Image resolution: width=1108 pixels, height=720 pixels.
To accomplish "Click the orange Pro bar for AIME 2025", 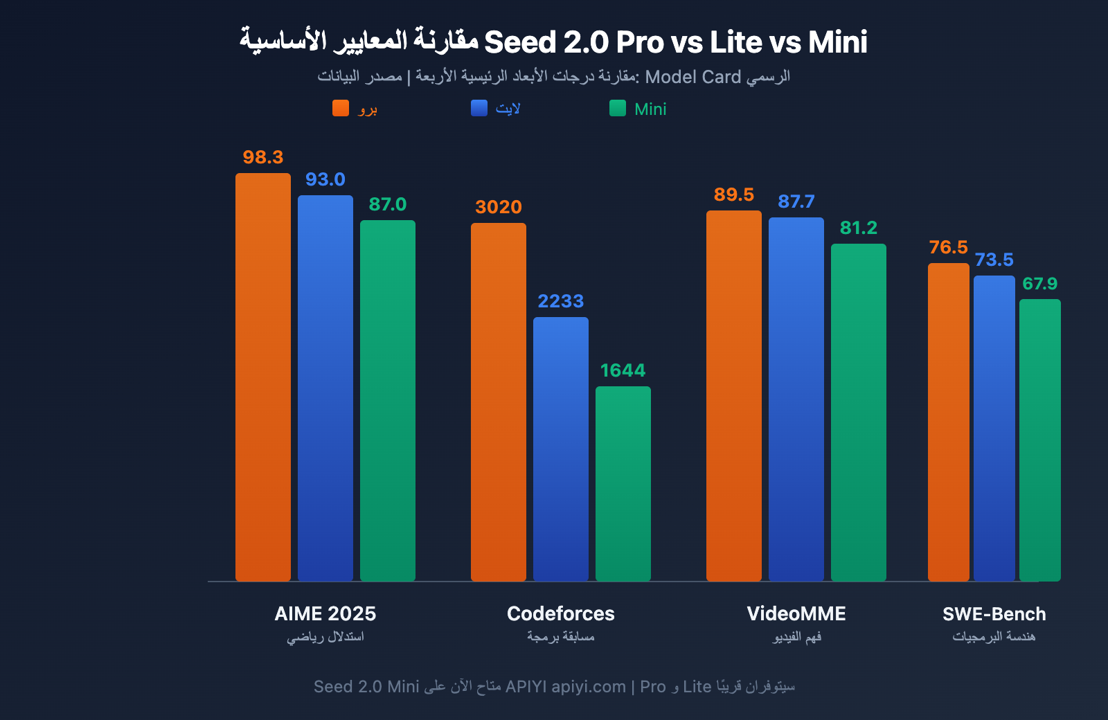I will [263, 377].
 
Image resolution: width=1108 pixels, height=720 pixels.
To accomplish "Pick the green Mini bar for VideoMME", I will [859, 412].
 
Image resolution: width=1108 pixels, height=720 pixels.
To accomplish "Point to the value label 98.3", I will [263, 157].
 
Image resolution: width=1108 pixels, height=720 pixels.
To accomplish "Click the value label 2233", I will [561, 301].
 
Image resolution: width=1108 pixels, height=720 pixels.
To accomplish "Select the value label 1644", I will [623, 370].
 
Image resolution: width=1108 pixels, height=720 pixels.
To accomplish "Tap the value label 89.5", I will [734, 195].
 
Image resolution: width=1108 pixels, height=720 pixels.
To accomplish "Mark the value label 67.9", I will [1039, 284].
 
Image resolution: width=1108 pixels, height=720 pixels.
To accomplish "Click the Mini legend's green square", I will [618, 108].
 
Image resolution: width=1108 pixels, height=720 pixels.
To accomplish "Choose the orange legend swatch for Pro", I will [341, 108].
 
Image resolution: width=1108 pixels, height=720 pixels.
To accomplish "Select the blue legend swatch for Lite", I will [479, 108].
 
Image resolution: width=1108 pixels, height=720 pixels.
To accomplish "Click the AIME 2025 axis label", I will [325, 613].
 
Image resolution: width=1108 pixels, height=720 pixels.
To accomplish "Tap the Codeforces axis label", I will [561, 613].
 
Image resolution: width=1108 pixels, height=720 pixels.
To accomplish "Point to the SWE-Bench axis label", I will [994, 613].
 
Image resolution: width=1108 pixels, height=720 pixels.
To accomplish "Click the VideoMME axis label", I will [796, 613].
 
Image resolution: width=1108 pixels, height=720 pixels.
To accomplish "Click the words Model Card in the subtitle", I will [692, 77].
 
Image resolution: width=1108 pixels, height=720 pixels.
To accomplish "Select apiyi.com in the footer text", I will [589, 687].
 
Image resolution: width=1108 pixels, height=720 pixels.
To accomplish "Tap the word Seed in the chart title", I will [520, 43].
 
